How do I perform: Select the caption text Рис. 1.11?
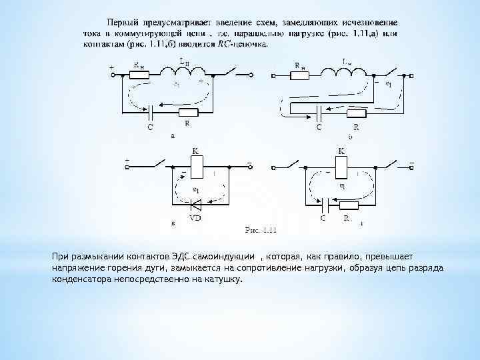[261, 231]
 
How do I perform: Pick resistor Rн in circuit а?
[140, 75]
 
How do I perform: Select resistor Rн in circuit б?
[303, 75]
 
